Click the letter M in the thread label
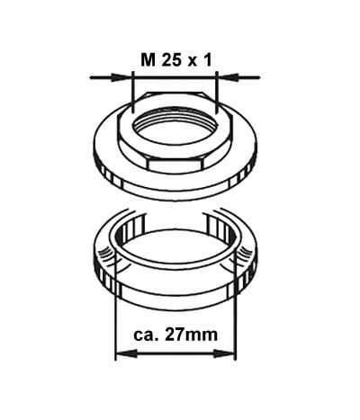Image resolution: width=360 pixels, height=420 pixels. pos(148,60)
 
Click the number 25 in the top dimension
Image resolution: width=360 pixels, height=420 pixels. pos(172,60)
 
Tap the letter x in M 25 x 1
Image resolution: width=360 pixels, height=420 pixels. pos(192,61)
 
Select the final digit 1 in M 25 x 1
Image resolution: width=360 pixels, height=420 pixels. pos(208,60)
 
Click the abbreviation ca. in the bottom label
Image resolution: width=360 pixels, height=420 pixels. pos(146,335)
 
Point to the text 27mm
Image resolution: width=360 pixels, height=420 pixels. pos(192,335)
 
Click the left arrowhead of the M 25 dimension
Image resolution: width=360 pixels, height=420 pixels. pos(122,77)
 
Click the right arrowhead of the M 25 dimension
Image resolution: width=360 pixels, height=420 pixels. pos(227,77)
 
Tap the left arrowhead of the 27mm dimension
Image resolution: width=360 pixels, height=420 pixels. pos(126,353)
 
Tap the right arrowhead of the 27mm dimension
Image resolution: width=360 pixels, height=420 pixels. pos(224,353)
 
